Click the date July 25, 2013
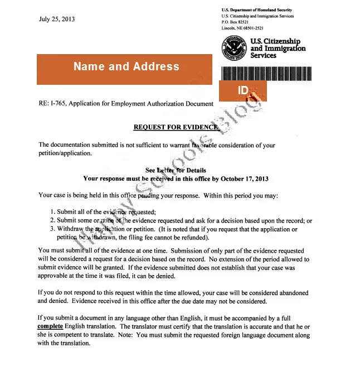pyautogui.click(x=57, y=19)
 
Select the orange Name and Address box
pyautogui.click(x=127, y=67)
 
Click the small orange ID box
pyautogui.click(x=243, y=90)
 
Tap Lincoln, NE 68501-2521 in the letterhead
pyautogui.click(x=242, y=28)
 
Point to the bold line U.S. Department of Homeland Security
pyautogui.click(x=256, y=10)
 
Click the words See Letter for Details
pyautogui.click(x=176, y=170)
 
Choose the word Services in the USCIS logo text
pyautogui.click(x=264, y=56)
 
